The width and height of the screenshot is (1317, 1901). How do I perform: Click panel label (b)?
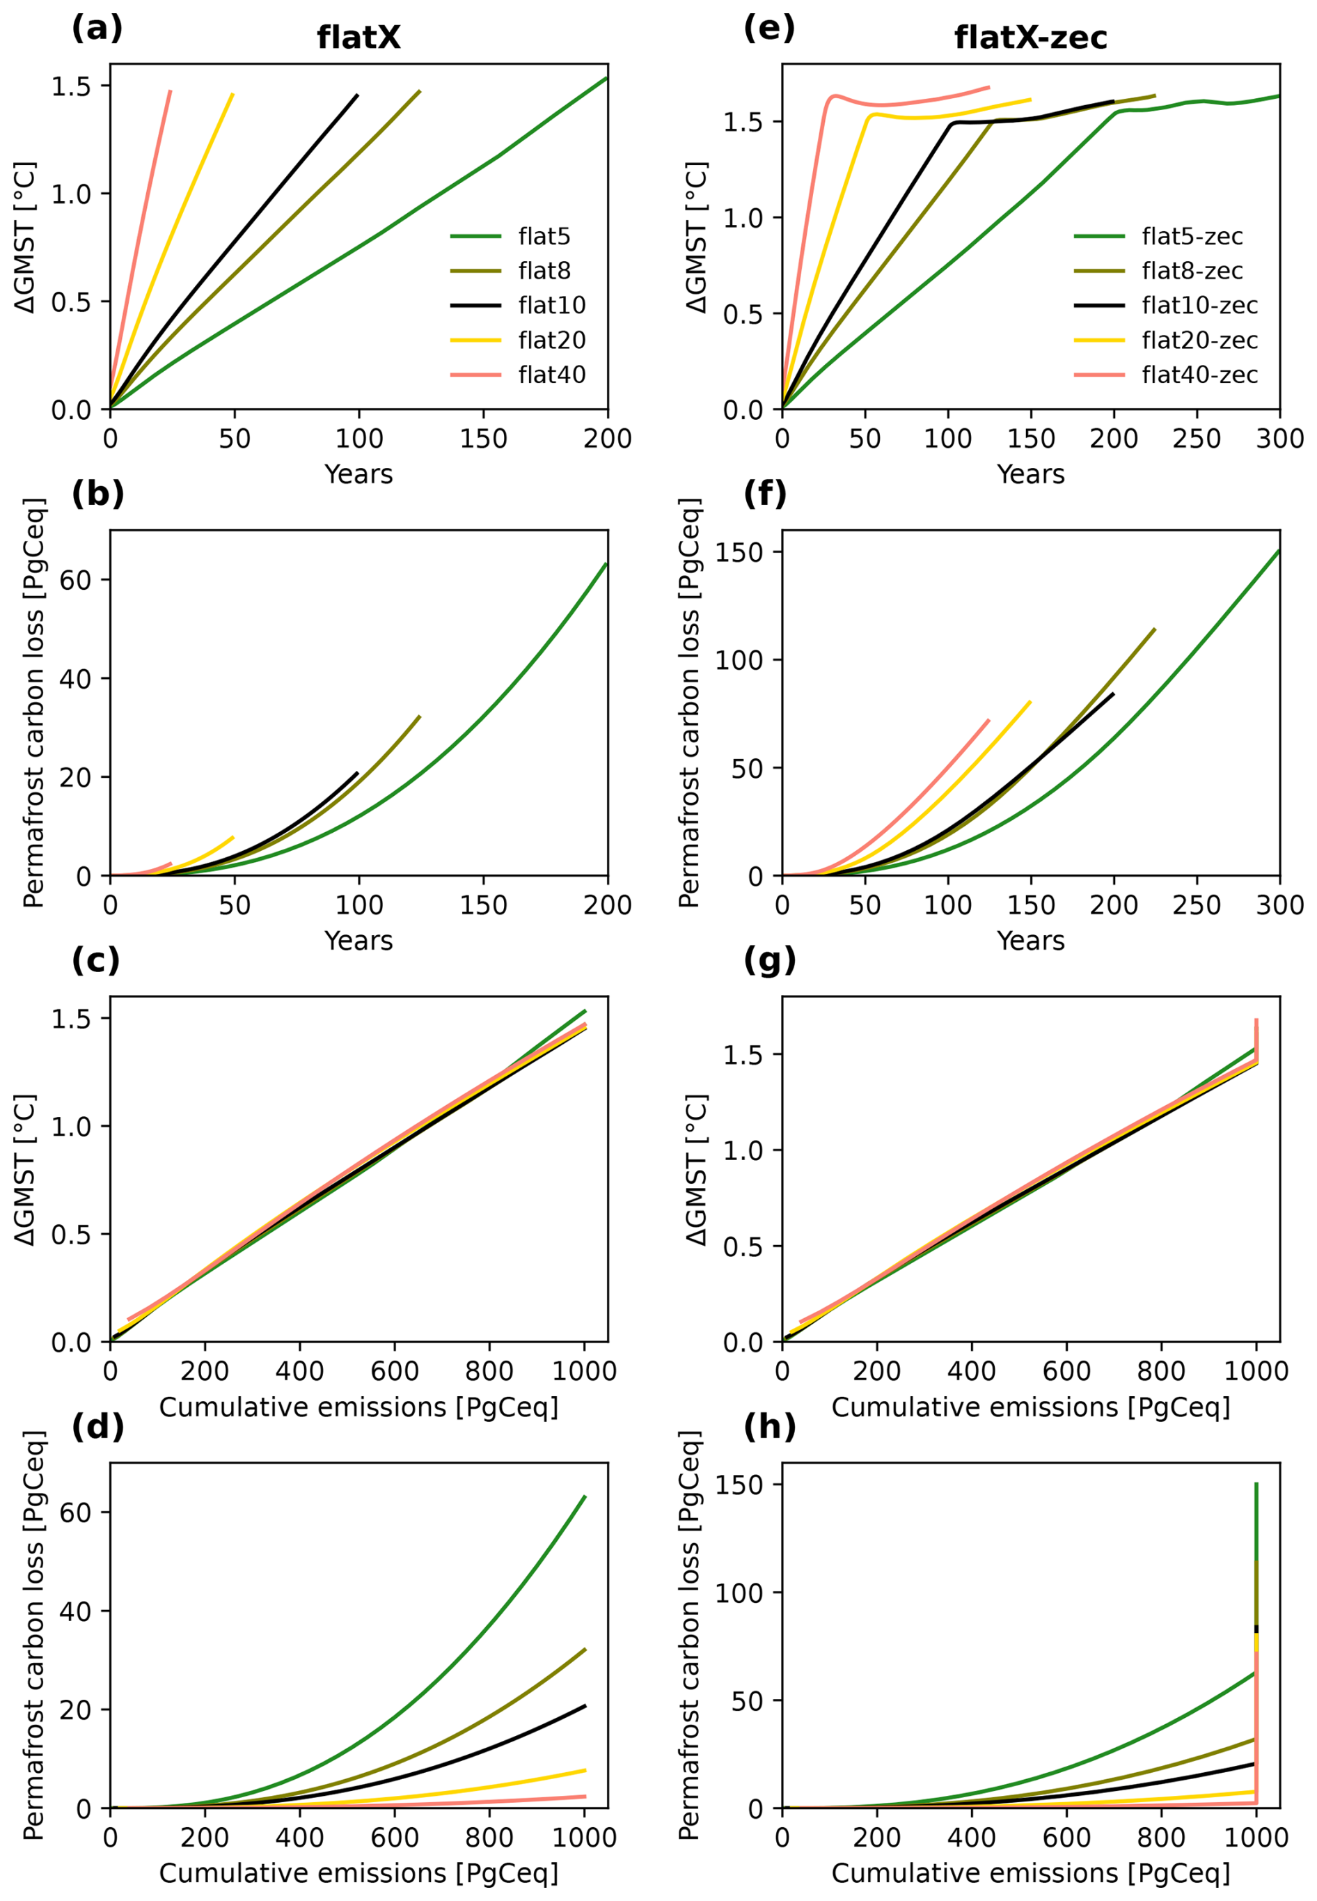(97, 494)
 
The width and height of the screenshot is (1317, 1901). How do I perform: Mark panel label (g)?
(769, 960)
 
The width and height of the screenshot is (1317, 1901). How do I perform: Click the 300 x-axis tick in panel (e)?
(1279, 438)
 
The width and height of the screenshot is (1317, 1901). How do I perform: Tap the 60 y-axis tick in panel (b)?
(75, 580)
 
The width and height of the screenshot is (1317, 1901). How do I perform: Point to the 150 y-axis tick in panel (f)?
(739, 552)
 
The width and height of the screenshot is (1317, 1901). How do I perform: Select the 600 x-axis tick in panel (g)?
(1066, 1371)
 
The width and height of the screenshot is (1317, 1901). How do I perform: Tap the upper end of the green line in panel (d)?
(584, 1496)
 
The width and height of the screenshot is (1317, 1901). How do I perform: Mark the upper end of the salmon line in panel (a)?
(170, 91)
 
